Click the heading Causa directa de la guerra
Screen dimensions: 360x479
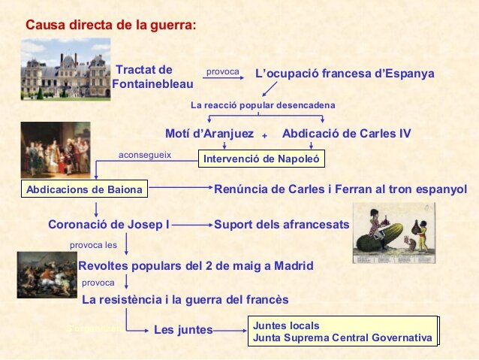110,25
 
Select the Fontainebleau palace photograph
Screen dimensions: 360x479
65,69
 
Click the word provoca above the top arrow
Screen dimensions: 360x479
222,71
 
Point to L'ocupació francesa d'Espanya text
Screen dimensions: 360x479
345,74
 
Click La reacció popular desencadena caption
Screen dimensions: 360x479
263,104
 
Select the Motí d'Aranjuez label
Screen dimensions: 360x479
209,134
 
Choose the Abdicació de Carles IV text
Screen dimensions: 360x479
346,134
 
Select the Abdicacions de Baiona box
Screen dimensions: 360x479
84,189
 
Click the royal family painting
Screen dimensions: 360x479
55,150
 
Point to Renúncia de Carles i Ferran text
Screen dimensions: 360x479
340,189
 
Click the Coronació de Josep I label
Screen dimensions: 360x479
109,224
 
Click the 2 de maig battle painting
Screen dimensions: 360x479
47,274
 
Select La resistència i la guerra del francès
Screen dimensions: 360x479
185,299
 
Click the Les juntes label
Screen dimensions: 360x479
183,329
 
